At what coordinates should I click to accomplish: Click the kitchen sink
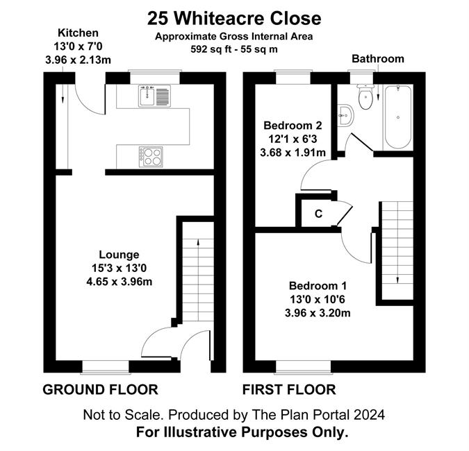(154, 96)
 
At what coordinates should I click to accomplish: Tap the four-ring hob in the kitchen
(151, 157)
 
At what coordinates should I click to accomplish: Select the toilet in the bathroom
(365, 96)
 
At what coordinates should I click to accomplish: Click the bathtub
(398, 117)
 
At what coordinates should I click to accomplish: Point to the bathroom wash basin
(346, 115)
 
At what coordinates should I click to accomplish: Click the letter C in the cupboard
(318, 214)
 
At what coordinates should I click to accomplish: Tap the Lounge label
(119, 255)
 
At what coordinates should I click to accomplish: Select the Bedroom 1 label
(318, 286)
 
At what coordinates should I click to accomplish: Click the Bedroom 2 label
(293, 126)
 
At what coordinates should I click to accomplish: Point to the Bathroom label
(378, 59)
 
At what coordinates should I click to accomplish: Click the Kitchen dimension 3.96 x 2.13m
(78, 60)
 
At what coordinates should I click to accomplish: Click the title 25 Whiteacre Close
(234, 19)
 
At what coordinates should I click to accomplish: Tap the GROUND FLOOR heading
(100, 390)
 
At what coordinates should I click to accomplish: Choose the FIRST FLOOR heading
(289, 390)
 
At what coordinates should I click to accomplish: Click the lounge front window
(106, 367)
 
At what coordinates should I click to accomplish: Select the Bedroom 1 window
(304, 367)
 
